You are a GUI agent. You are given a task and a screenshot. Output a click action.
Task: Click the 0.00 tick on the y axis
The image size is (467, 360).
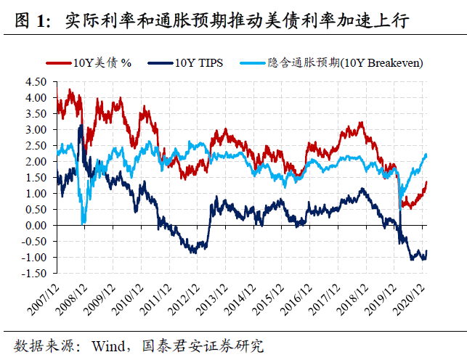point(36,225)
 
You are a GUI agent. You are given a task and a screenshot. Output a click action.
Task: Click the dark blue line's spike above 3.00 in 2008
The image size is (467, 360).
point(80,126)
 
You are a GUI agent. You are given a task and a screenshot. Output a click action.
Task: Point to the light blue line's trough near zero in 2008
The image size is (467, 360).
point(84,223)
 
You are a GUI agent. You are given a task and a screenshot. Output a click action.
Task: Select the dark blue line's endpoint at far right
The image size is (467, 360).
point(427,250)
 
